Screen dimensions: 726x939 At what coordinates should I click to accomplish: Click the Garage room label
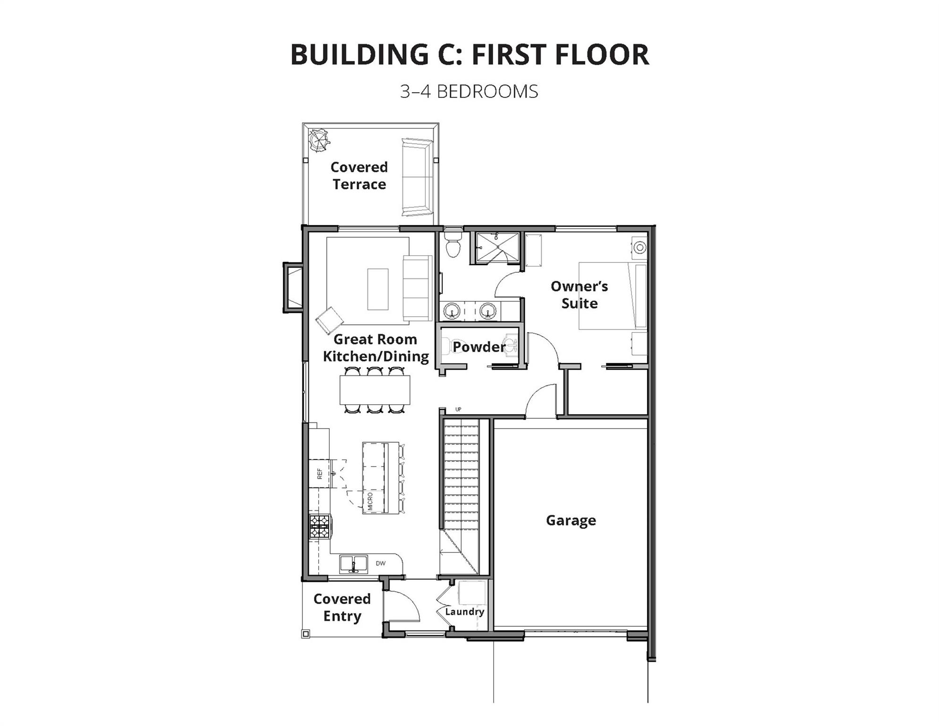pyautogui.click(x=571, y=520)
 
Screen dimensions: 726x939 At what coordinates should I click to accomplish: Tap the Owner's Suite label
pyautogui.click(x=579, y=294)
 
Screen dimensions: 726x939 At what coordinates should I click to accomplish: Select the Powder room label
pyautogui.click(x=479, y=347)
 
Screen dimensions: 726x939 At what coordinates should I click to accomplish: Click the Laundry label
pyautogui.click(x=464, y=612)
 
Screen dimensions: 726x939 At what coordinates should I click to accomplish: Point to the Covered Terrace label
pyautogui.click(x=359, y=175)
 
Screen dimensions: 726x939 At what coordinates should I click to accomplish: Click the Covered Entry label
pyautogui.click(x=342, y=607)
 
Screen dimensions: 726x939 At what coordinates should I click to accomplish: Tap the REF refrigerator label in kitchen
pyautogui.click(x=320, y=474)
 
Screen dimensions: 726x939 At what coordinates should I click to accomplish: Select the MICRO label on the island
pyautogui.click(x=370, y=501)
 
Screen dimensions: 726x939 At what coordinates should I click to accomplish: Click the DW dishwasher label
pyautogui.click(x=380, y=563)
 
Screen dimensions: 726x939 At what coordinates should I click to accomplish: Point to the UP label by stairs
pyautogui.click(x=458, y=409)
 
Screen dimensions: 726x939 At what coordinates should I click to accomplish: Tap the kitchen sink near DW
pyautogui.click(x=353, y=564)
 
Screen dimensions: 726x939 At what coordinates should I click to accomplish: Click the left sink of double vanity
pyautogui.click(x=452, y=311)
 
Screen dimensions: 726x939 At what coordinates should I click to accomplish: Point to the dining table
pyautogui.click(x=375, y=390)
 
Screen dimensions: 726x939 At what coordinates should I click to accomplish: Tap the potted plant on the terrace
pyautogui.click(x=318, y=140)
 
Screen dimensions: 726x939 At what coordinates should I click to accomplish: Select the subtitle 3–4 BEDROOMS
pyautogui.click(x=469, y=92)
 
